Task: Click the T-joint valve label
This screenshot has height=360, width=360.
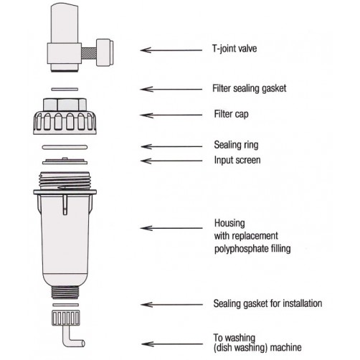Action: coord(235,49)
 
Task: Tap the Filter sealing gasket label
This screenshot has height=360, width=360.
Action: coord(250,88)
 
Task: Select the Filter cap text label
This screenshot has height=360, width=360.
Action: coord(231,114)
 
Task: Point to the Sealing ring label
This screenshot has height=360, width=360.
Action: coord(236,145)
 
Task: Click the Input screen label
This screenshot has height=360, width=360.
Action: coord(237,160)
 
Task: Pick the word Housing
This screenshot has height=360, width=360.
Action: coord(229,223)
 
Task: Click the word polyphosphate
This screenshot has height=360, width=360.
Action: coord(242,249)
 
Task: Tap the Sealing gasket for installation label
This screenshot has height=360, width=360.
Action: coord(267,303)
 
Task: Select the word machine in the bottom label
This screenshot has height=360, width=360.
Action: coord(285,347)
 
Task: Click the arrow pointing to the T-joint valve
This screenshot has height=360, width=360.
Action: coord(171,50)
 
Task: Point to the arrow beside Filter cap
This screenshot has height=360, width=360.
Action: coord(171,115)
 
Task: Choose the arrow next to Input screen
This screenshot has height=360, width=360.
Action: coord(171,161)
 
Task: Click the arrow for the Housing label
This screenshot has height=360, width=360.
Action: coord(171,228)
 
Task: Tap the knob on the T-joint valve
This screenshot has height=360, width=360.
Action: coord(105,52)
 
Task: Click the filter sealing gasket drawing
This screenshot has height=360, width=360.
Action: coord(65,90)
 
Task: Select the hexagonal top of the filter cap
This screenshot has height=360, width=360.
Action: coord(65,105)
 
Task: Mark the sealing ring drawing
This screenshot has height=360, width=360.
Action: coord(65,147)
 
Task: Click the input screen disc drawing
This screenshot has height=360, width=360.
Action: coord(65,161)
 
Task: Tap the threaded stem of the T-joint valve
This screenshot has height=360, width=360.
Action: coord(89,53)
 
